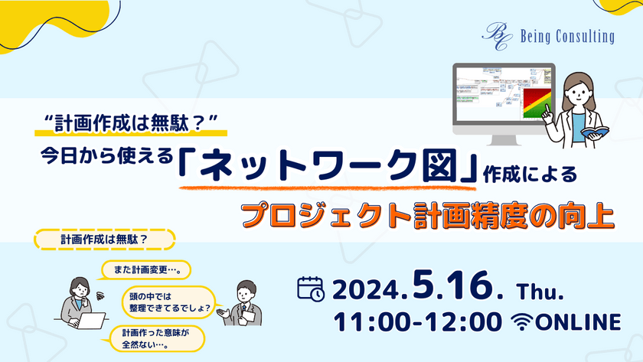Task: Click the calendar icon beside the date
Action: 310,289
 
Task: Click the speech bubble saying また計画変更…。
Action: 145,270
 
